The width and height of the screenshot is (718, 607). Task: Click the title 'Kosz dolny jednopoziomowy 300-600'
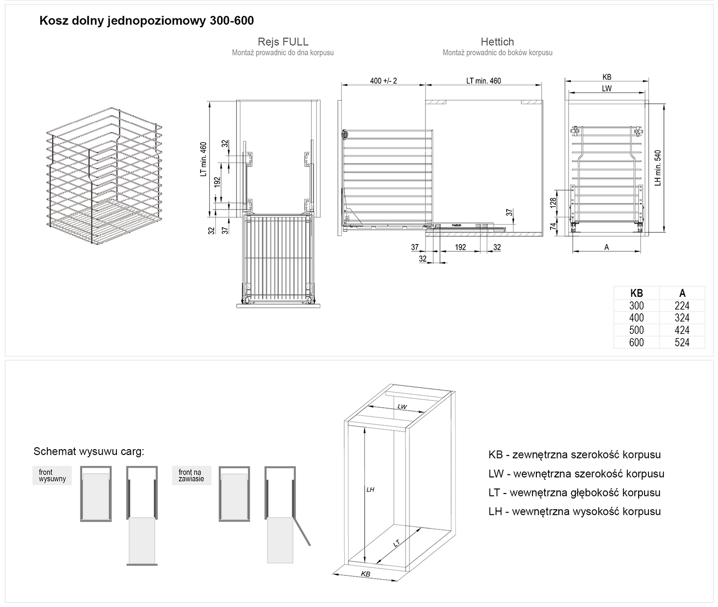point(146,20)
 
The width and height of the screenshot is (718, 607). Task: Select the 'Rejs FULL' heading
point(283,42)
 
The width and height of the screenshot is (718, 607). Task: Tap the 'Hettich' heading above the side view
point(497,42)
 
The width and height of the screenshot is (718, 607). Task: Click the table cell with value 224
point(682,306)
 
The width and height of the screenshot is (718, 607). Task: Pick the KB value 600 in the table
point(636,342)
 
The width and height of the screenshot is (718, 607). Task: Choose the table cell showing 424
point(682,330)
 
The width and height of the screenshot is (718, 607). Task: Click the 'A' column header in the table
point(682,293)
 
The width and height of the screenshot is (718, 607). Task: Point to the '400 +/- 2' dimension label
point(384,81)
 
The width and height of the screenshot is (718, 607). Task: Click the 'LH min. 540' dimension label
point(658,168)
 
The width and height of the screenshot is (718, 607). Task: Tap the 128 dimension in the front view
point(553,203)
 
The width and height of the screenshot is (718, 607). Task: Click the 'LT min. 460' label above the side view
point(483,81)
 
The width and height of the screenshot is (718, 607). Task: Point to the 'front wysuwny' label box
point(52,476)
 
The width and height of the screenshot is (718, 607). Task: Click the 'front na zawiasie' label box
point(191,476)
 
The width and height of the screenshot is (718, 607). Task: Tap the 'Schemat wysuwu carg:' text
point(89,452)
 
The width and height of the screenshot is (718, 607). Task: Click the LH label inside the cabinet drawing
point(370,490)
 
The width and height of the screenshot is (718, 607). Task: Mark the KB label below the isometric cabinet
point(366,574)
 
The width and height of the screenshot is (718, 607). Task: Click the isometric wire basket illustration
point(105,175)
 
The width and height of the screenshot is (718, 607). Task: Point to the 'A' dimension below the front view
point(607,247)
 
